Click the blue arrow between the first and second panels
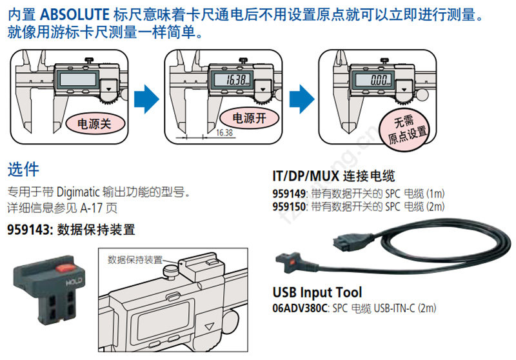click(x=146, y=99)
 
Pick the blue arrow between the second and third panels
click(x=301, y=99)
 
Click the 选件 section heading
click(x=23, y=170)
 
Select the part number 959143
click(x=30, y=229)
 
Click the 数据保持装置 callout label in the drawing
click(x=135, y=260)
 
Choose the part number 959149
click(x=290, y=194)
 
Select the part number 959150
click(x=290, y=206)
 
